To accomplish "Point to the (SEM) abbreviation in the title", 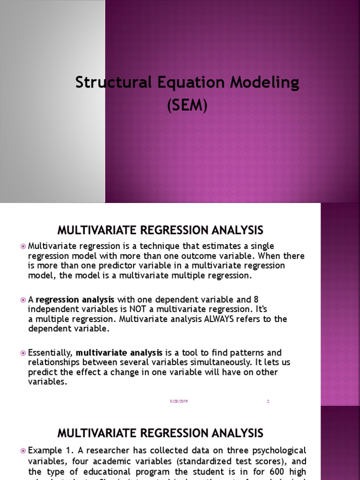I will click(x=187, y=105).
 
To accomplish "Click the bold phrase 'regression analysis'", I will click(x=75, y=300).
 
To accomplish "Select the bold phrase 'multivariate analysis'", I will click(x=119, y=352).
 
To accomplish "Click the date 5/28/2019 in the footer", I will click(x=179, y=401).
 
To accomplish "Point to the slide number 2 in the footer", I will click(x=268, y=401).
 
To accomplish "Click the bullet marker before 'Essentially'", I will click(x=23, y=352).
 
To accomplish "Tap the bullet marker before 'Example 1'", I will click(x=23, y=450).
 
